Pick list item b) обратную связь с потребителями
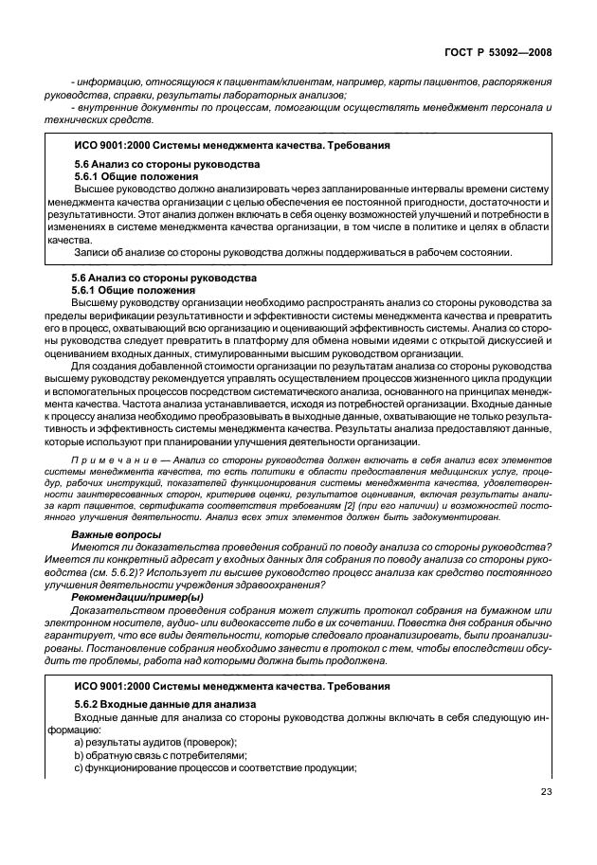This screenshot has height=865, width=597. point(147,755)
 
